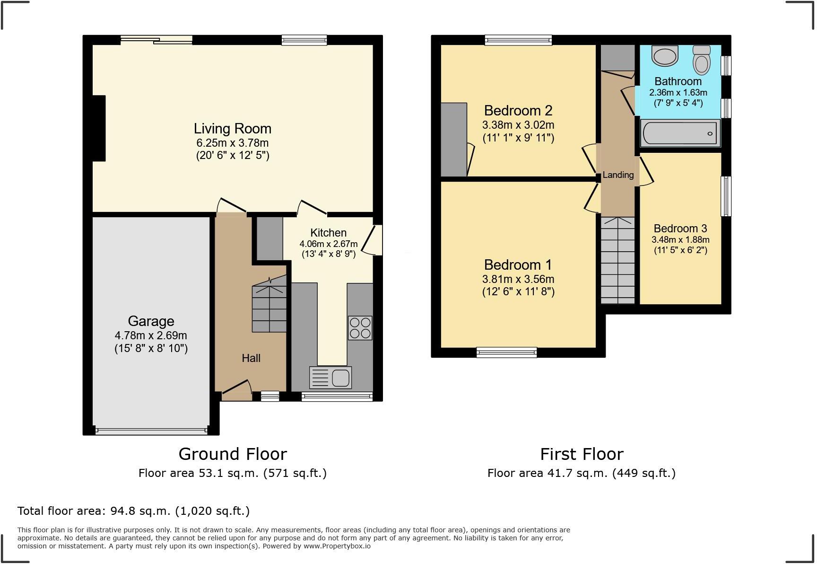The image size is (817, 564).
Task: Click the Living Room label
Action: pyautogui.click(x=232, y=129)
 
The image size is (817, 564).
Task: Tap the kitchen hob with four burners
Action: pyautogui.click(x=360, y=328)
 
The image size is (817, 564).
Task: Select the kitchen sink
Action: pyautogui.click(x=330, y=378)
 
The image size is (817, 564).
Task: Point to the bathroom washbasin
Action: pyautogui.click(x=665, y=55)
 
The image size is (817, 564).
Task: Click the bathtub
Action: pyautogui.click(x=680, y=133)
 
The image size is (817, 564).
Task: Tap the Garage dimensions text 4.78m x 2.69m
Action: pyautogui.click(x=151, y=336)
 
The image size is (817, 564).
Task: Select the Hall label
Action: pyautogui.click(x=251, y=358)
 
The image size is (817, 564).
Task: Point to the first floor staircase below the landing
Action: pyautogui.click(x=617, y=260)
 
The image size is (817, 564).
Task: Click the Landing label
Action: pyautogui.click(x=618, y=175)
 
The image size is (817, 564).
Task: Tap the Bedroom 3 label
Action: pyautogui.click(x=680, y=229)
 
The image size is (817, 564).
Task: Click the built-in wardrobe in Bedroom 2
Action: pyautogui.click(x=453, y=140)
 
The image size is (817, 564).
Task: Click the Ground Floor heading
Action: pyautogui.click(x=233, y=454)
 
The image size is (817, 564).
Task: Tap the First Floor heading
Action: pyautogui.click(x=582, y=454)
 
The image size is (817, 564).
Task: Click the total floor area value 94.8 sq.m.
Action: pyautogui.click(x=140, y=511)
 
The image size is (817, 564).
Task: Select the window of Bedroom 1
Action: pyautogui.click(x=506, y=352)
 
